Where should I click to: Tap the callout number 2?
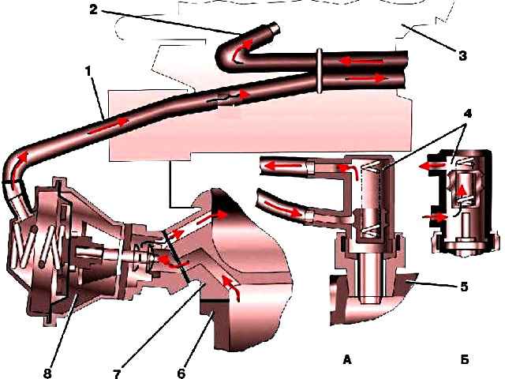[93, 9]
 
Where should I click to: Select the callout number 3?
[462, 55]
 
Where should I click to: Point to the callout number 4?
[467, 114]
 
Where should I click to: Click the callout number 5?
[464, 287]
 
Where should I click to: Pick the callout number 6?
[181, 373]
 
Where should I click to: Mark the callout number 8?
[47, 373]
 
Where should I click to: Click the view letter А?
[347, 359]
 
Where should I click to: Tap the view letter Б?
[465, 359]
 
